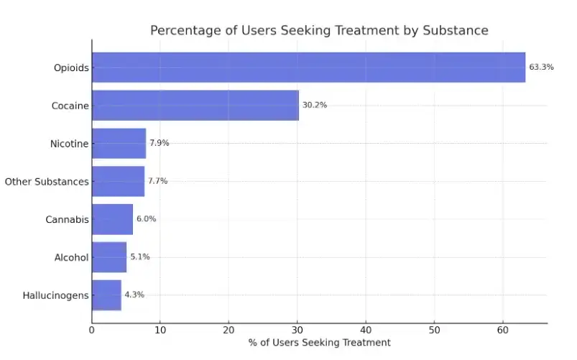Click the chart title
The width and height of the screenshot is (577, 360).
coord(319,30)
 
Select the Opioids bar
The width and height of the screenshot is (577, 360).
coord(308,68)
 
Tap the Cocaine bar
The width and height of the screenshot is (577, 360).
coord(195,105)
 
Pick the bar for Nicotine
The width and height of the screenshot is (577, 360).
coord(119,143)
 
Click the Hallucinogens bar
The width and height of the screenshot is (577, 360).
coord(106,295)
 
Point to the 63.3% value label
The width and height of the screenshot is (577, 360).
coord(541,68)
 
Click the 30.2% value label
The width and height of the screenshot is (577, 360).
coord(314,105)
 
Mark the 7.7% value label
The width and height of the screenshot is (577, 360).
coord(157,181)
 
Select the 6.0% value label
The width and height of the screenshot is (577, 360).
coord(146,219)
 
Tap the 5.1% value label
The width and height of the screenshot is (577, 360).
coord(139,257)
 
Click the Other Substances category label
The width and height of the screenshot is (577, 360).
coord(47,182)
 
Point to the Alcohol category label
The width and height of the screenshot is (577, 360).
coord(71,257)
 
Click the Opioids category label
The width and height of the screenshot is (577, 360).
coord(70,68)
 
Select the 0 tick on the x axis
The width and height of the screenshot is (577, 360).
coord(92,331)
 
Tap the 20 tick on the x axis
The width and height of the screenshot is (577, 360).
coord(229,331)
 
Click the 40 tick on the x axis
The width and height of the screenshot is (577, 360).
coord(366,331)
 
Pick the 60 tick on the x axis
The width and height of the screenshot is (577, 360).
coord(503,331)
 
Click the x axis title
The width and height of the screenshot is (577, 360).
coord(319,343)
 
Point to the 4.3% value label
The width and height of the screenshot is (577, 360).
coord(134,295)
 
